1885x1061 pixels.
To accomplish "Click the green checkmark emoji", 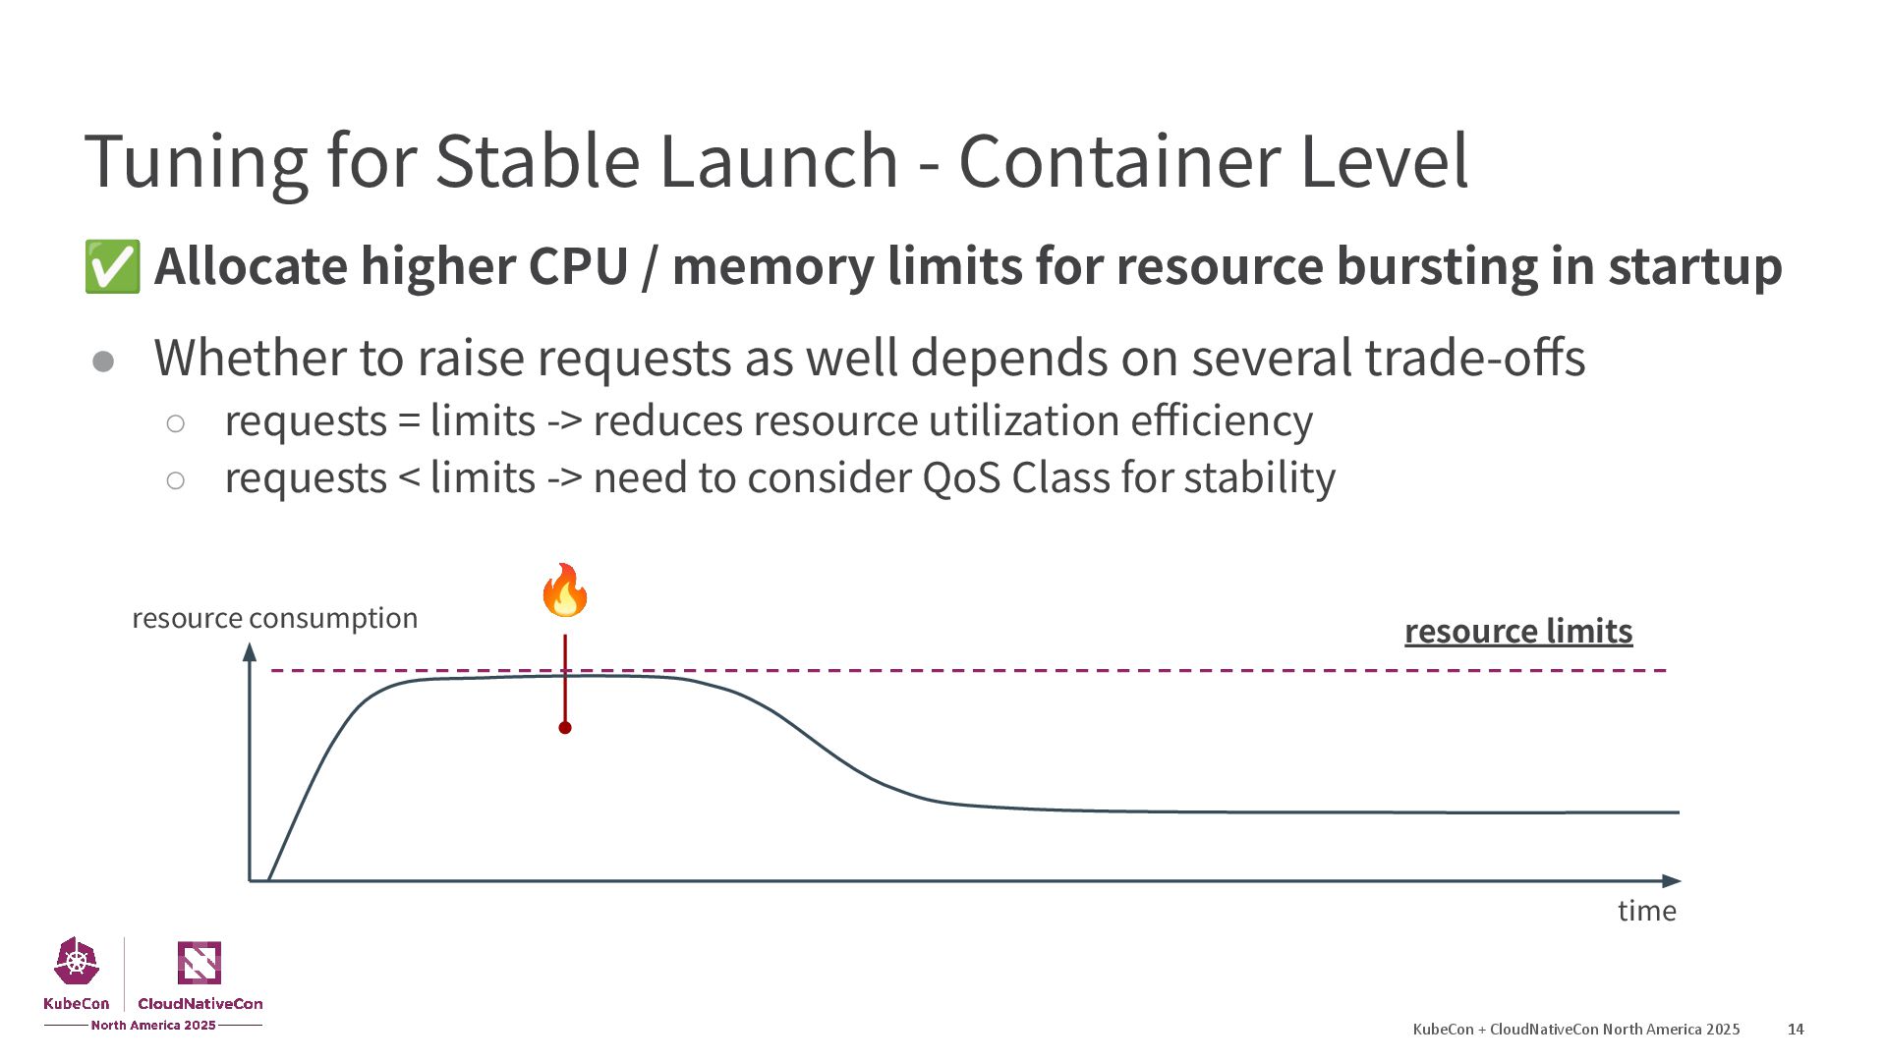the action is (x=111, y=266).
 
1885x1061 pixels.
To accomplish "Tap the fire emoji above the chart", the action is (x=565, y=590).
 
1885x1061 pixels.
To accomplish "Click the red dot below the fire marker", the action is (x=565, y=728).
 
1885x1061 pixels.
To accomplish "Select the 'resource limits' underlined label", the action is (x=1517, y=631).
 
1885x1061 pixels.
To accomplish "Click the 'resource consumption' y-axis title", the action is (x=274, y=618).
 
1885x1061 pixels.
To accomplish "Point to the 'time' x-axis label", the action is (x=1646, y=911).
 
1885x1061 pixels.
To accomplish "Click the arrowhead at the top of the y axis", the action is (x=250, y=652).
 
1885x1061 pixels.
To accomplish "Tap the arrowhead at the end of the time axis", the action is (x=1671, y=881).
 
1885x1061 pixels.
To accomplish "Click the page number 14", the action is (x=1796, y=1029).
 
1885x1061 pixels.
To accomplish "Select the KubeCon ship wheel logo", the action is (x=77, y=962).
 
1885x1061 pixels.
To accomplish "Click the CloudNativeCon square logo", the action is (x=200, y=963).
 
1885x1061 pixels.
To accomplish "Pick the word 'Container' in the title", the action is (x=1120, y=162).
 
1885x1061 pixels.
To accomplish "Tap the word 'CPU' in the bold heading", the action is (x=578, y=266).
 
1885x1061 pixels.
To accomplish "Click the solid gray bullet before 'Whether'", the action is (x=103, y=363).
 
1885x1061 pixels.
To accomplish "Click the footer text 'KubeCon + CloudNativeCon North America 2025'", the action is (x=1575, y=1029).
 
